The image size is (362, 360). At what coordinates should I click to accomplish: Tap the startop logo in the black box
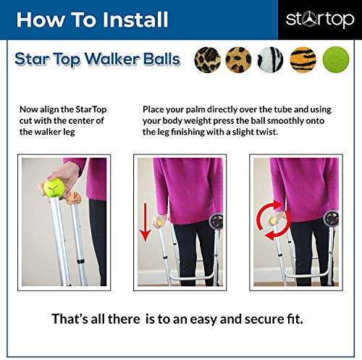(x=320, y=19)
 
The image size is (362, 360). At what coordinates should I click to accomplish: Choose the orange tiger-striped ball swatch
(x=304, y=59)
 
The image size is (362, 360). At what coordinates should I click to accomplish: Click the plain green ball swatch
(x=334, y=59)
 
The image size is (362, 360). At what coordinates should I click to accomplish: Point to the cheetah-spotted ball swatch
(x=240, y=59)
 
